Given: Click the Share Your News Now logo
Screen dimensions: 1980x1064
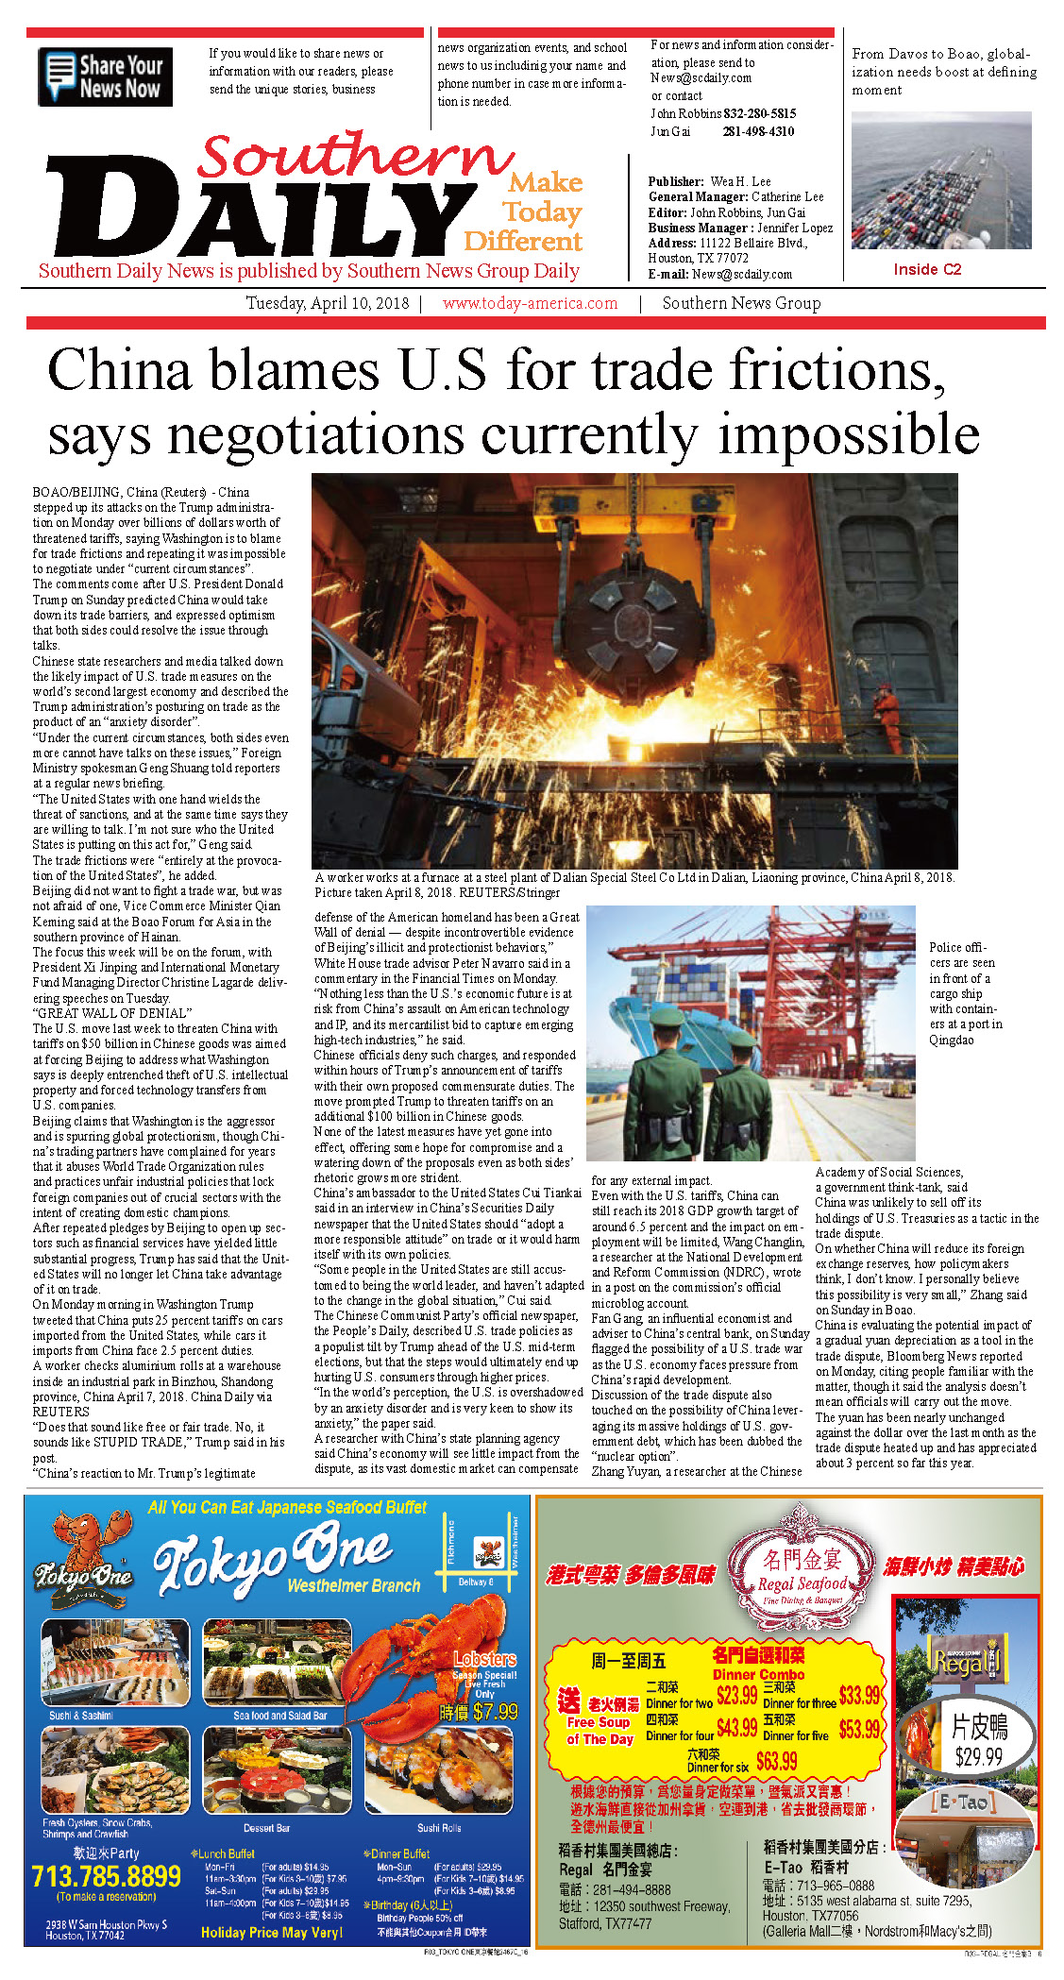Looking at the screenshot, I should coord(106,76).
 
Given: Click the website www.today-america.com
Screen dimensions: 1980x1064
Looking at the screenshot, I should coord(530,304).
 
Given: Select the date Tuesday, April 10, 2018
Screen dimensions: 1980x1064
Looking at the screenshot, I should coord(328,304).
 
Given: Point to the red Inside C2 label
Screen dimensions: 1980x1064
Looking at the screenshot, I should coord(927,270).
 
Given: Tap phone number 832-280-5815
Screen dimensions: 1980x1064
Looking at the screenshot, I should coord(759,113).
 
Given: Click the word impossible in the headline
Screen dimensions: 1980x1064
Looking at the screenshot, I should coord(848,435).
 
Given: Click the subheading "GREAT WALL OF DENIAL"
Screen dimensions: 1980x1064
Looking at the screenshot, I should coord(112,1013).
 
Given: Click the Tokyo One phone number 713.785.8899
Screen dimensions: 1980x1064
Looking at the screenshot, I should coord(106,1876).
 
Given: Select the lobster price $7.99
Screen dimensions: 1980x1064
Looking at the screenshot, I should coord(495,1712).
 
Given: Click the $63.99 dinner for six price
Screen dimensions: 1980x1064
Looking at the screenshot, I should coord(776,1761).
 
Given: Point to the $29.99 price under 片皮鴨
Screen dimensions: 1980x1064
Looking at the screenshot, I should coord(978,1757).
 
